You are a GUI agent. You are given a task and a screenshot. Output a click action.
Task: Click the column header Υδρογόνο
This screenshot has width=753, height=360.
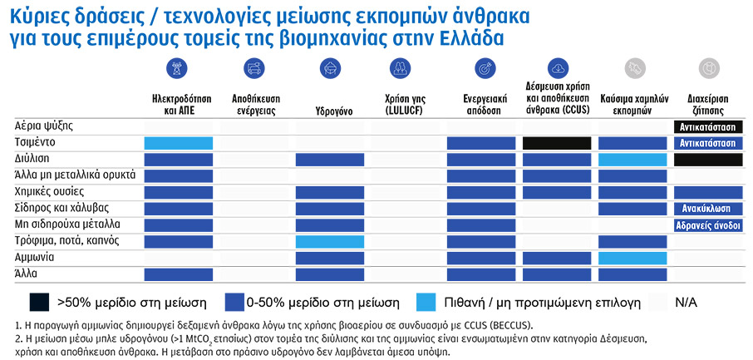coord(329,110)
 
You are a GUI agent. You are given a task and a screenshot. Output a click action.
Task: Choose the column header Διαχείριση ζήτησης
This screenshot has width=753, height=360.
coord(707,103)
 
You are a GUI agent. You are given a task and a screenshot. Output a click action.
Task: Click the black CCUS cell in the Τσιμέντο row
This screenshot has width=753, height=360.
coord(556,143)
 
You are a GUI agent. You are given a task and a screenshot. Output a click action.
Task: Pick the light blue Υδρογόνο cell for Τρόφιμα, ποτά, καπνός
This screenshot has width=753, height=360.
coord(329,241)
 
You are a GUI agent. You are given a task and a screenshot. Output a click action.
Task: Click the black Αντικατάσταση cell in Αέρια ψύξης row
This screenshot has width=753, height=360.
coord(707,126)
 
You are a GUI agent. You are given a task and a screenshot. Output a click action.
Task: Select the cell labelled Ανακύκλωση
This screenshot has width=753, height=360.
coord(707,208)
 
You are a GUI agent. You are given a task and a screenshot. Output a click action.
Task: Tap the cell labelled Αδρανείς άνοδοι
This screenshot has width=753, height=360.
coord(707,224)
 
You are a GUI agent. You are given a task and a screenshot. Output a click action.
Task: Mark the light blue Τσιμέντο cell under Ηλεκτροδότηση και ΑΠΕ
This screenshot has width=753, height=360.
coord(179,143)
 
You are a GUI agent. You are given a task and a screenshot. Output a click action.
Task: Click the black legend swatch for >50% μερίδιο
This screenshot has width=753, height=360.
coord(38,301)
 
